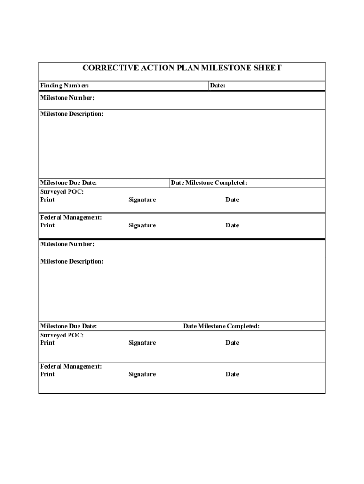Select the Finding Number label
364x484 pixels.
pos(64,86)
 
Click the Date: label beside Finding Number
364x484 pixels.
pos(217,86)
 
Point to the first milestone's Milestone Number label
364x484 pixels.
pos(67,98)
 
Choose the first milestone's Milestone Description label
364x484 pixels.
pos(71,114)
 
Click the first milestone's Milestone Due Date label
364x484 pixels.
pos(69,183)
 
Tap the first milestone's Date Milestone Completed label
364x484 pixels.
pos(209,183)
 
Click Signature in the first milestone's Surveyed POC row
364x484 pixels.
pos(142,199)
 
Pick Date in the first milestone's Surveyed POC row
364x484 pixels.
pos(232,199)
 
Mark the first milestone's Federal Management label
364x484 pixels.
pos(71,217)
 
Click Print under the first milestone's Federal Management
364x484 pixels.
pos(47,225)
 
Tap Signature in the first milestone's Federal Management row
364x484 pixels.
pos(142,225)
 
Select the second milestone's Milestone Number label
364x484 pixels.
pos(67,244)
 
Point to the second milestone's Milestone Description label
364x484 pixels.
pos(71,261)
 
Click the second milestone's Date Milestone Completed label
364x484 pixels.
pos(221,326)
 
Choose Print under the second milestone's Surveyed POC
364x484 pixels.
pos(47,343)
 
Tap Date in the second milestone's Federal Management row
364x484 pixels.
pos(232,374)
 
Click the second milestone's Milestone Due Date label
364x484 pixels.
pos(69,326)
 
